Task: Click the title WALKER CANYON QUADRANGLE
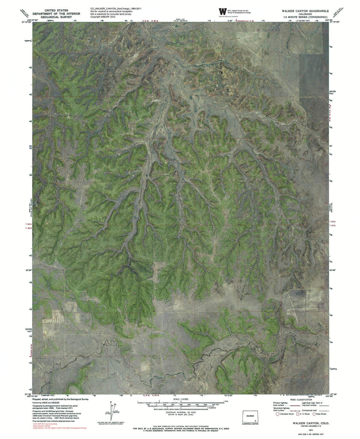(x=305, y=11)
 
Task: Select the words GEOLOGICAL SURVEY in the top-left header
(x=56, y=17)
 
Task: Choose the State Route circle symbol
(x=314, y=414)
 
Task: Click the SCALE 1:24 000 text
(x=181, y=399)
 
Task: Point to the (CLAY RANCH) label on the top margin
(x=180, y=21)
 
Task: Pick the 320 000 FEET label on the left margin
(x=28, y=330)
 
